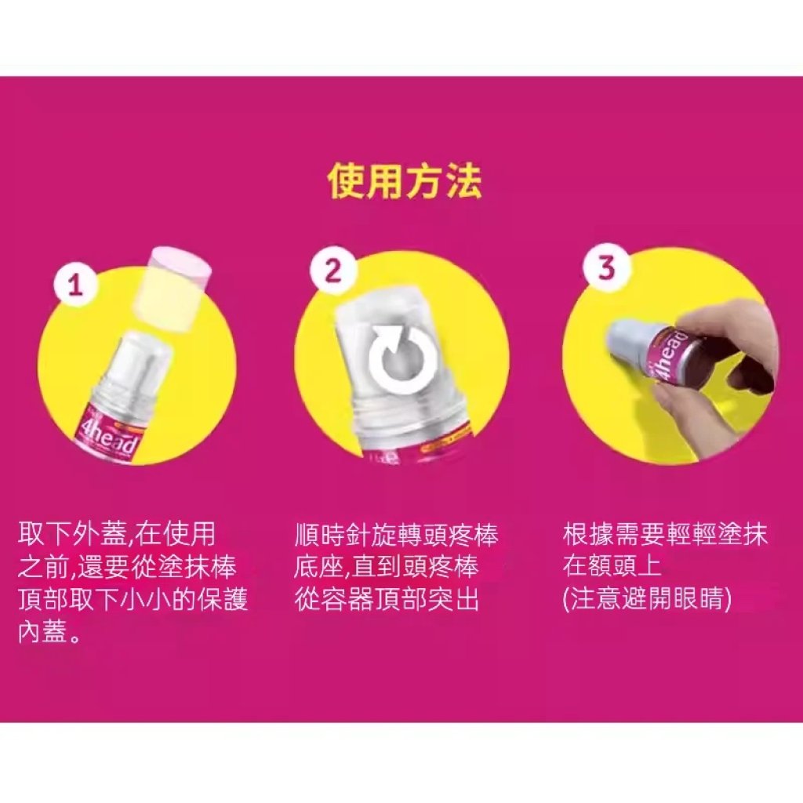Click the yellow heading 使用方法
pos(405,181)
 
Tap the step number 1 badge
pos(76,285)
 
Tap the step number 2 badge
pos(333,270)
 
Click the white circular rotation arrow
pos(402,359)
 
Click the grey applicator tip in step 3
pos(630,338)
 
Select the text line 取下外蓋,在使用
pos(118,534)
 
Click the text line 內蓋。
pos(49,633)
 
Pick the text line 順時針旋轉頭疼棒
pos(396,534)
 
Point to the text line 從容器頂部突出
pos(387,600)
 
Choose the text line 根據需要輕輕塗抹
pos(665,533)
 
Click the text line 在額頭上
pos(612,566)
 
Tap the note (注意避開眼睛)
pos(647,599)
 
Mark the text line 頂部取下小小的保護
pos(133,600)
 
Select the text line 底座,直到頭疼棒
pos(387,567)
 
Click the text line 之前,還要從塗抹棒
pos(128,567)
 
